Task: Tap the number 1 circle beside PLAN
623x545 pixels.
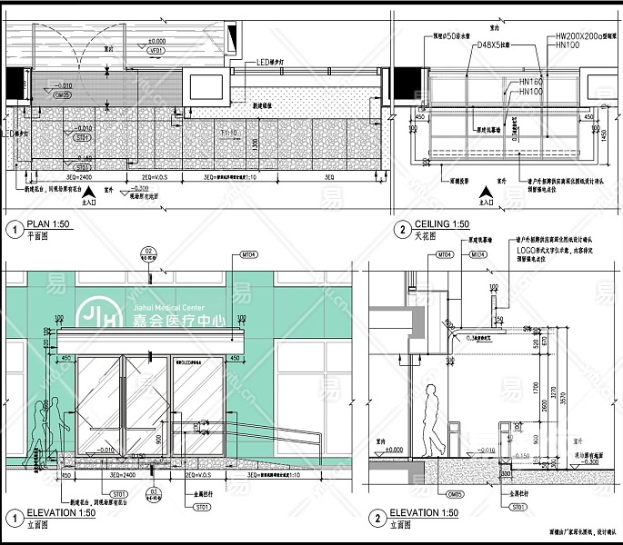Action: (x=15, y=228)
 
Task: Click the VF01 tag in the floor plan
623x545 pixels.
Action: (x=156, y=51)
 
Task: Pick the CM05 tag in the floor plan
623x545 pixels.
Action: (x=62, y=94)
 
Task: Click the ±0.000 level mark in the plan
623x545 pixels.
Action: (x=156, y=41)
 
